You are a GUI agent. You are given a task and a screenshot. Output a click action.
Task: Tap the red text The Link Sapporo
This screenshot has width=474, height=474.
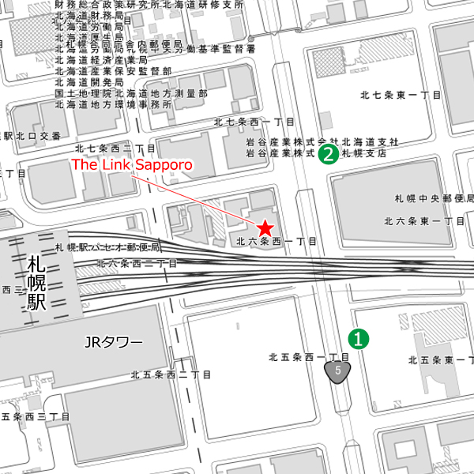click(x=133, y=165)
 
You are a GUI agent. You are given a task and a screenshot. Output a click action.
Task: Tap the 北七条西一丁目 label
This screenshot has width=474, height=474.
click(x=254, y=122)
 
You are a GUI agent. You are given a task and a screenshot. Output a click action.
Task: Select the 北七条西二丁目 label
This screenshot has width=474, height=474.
click(x=115, y=148)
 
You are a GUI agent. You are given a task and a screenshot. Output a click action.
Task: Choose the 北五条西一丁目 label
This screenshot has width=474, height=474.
click(x=308, y=357)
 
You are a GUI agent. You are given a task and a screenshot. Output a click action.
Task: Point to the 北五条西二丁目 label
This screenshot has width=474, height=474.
click(x=171, y=374)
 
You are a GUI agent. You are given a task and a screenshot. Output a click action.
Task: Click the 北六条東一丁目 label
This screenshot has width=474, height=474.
click(x=424, y=221)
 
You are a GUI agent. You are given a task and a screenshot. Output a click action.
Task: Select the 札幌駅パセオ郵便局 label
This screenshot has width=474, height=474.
click(x=108, y=247)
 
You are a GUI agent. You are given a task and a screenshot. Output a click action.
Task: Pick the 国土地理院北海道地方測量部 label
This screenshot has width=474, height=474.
click(x=131, y=93)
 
